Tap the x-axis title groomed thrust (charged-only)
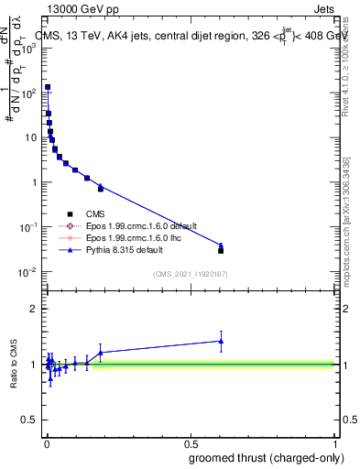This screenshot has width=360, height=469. tap(258, 457)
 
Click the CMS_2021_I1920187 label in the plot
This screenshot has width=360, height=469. tap(191, 274)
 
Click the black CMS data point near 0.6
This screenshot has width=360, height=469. tap(221, 250)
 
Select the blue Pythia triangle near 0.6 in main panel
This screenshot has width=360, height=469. tap(221, 245)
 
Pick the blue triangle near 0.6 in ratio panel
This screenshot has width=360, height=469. tap(221, 341)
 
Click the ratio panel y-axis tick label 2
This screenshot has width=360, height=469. tap(32, 309)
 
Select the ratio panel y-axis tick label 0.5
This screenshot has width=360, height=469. tap(28, 421)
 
